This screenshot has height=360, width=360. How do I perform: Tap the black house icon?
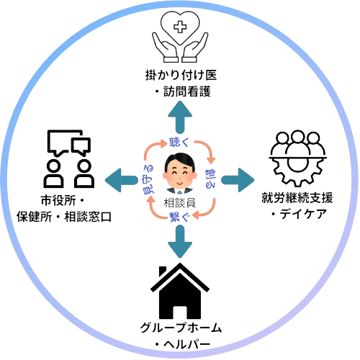tap(180, 292)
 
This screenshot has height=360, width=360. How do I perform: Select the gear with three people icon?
tap(297, 158)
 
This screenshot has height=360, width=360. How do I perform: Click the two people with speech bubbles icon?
tap(69, 159)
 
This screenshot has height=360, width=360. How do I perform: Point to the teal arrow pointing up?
tap(180, 117)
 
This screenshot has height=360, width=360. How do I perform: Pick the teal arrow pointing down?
tap(180, 242)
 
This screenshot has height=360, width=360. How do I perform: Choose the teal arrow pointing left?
tap(122, 181)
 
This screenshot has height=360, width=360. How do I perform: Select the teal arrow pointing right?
tap(238, 181)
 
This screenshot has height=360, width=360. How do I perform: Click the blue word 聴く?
tap(179, 143)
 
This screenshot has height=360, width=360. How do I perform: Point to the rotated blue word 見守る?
tap(148, 179)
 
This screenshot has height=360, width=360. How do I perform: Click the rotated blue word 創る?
tap(210, 179)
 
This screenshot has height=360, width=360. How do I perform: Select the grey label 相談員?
tap(180, 203)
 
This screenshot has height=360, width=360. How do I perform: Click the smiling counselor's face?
tap(180, 174)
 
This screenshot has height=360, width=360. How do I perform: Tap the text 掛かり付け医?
tap(181, 75)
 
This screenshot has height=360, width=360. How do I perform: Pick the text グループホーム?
tap(181, 328)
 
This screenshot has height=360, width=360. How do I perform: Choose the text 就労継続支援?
tap(297, 198)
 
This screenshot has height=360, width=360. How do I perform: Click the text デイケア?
tap(303, 215)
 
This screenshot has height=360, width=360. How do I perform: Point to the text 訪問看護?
tap(187, 91)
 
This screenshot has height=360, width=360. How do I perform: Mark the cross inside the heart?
tap(180, 27)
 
